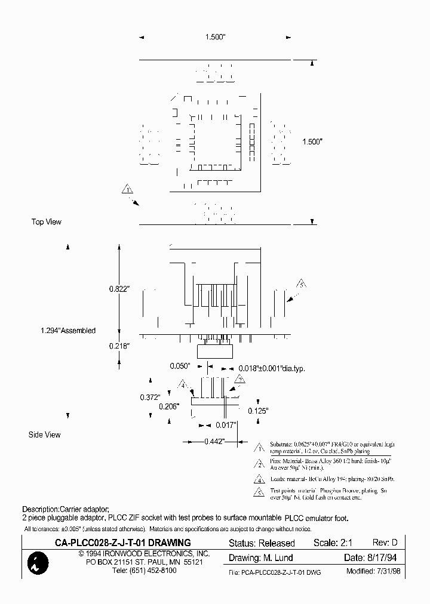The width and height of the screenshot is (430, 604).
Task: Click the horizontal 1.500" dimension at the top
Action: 214,37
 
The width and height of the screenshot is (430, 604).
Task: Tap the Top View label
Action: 47,222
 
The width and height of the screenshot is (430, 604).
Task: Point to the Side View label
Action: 45,434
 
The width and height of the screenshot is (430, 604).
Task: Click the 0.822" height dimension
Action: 119,289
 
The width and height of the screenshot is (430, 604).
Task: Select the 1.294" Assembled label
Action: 68,331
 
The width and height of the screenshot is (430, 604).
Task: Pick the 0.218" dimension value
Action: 119,346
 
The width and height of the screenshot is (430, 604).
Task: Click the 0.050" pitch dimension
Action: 179,365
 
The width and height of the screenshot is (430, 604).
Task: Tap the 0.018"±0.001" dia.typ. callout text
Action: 272,369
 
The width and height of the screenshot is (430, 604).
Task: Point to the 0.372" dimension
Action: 149,397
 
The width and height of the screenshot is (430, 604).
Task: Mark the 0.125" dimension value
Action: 258,411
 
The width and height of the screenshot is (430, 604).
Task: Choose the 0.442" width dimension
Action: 213,442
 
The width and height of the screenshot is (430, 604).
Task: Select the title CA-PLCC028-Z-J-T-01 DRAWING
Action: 123,543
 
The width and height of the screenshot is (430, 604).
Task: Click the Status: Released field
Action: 262,543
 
